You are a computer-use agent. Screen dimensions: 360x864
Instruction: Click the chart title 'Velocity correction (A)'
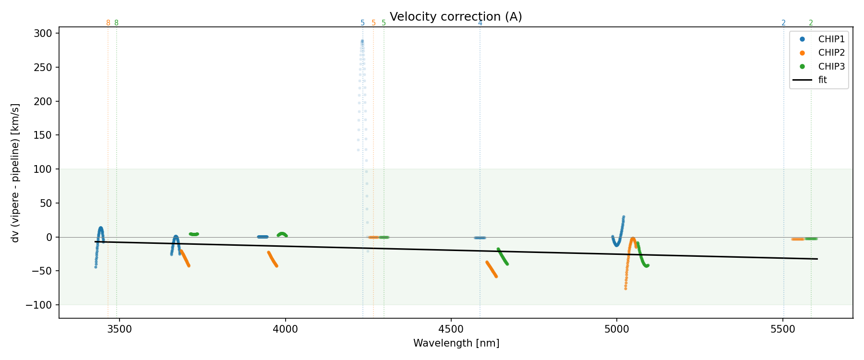[456, 17]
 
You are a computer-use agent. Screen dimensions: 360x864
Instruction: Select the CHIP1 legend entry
[831, 39]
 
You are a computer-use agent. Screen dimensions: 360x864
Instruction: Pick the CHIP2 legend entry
[831, 53]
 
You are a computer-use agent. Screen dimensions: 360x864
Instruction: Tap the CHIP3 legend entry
[831, 67]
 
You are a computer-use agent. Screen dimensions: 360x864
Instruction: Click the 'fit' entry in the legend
[823, 80]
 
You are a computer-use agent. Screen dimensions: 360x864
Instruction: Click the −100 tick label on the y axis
[40, 305]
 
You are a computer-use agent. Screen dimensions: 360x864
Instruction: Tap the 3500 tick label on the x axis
[119, 330]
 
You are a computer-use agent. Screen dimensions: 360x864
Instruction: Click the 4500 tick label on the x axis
[451, 330]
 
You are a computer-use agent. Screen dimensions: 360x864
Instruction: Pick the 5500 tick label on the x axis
[783, 330]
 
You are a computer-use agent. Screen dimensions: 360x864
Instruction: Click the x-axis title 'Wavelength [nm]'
[456, 343]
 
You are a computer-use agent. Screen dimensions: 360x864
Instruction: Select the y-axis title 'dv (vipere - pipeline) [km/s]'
[15, 173]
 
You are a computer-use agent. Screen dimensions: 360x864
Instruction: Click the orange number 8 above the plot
[108, 23]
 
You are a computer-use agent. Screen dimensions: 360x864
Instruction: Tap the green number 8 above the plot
[116, 23]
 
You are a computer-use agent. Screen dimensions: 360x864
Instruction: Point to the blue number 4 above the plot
[480, 23]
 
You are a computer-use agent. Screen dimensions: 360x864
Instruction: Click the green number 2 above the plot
[811, 23]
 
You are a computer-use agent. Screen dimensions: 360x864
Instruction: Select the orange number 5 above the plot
[373, 23]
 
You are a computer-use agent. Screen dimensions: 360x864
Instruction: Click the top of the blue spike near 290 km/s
[362, 41]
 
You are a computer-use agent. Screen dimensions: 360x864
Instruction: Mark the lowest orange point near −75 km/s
[625, 288]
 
